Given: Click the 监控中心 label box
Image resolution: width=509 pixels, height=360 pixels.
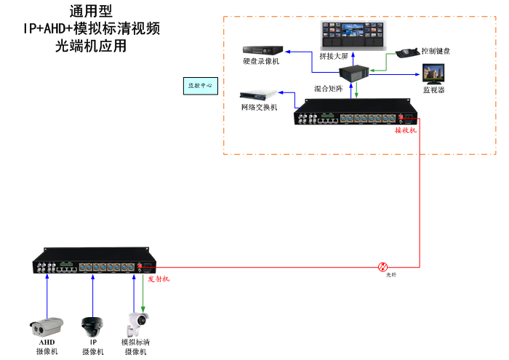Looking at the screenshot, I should coord(201,85).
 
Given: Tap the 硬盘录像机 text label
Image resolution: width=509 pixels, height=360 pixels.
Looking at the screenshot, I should coord(261,62).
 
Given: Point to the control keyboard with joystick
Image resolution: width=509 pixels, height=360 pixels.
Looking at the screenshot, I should coord(406,53).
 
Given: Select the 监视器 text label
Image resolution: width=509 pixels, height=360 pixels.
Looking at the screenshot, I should coord(434,89).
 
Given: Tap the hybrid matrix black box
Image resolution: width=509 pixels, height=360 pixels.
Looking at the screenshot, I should coord(355,74).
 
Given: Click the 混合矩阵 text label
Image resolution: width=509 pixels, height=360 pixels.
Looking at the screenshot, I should coord(326,88).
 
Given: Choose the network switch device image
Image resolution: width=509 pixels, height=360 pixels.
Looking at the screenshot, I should coord(259,95).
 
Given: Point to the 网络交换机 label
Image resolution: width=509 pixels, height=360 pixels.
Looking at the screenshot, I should coord(259,108).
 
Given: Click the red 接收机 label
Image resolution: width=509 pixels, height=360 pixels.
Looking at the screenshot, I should coord(405,131).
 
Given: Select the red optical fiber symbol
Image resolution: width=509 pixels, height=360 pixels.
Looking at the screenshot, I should coord(383,267).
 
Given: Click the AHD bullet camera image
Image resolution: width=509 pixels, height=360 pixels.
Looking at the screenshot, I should coord(47,324).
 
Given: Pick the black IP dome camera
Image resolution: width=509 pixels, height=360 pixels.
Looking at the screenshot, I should coord(93,325).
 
